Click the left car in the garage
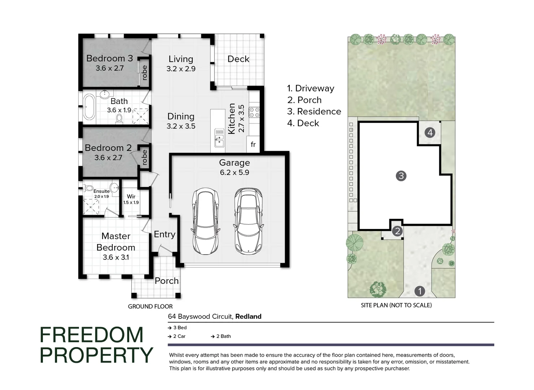click(x=205, y=221)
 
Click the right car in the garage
click(x=248, y=221)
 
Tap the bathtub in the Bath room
click(x=89, y=107)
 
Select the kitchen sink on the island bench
click(x=219, y=138)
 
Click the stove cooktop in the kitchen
click(x=254, y=112)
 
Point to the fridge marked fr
click(x=253, y=144)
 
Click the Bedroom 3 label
click(x=109, y=58)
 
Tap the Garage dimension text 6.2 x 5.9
click(x=235, y=173)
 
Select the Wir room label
click(x=131, y=196)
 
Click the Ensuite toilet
click(x=88, y=188)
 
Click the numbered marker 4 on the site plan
click(x=430, y=133)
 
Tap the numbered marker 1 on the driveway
click(x=419, y=291)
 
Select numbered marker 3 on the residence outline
click(x=401, y=176)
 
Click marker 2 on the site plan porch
click(x=397, y=231)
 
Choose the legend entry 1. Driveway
click(x=311, y=88)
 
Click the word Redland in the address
click(x=248, y=317)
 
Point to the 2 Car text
click(x=179, y=336)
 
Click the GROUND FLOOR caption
click(x=150, y=307)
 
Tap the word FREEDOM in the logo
click(x=92, y=335)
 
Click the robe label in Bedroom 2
click(x=145, y=157)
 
